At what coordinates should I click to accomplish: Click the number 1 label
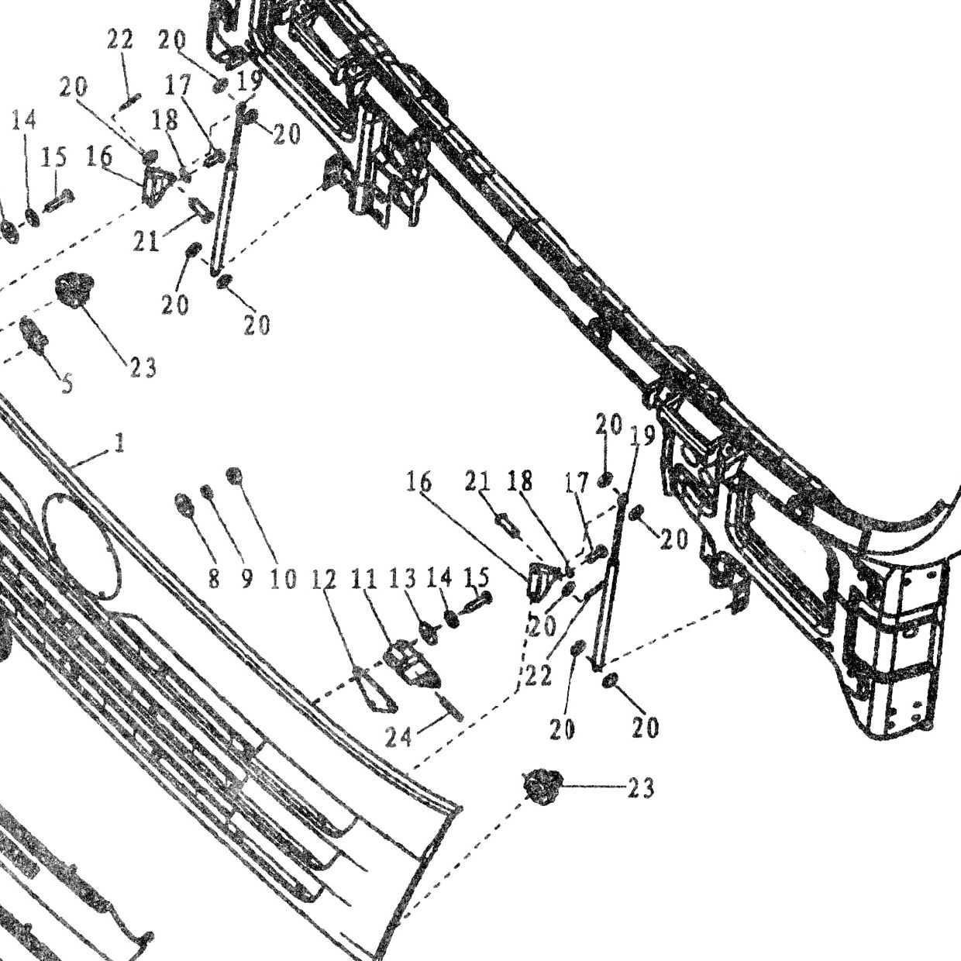click(119, 443)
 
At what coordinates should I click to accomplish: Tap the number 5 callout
click(67, 384)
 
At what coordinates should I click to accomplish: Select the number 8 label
click(213, 579)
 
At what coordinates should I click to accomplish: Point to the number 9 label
click(247, 579)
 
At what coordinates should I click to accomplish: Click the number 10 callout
click(283, 579)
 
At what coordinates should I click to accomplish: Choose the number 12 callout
click(325, 579)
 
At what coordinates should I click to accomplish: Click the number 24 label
click(398, 737)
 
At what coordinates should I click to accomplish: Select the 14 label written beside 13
click(439, 578)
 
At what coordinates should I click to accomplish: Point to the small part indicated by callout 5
click(33, 335)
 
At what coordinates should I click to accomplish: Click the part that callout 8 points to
click(184, 505)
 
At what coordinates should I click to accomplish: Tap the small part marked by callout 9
click(206, 491)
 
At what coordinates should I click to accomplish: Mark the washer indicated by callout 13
click(429, 632)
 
